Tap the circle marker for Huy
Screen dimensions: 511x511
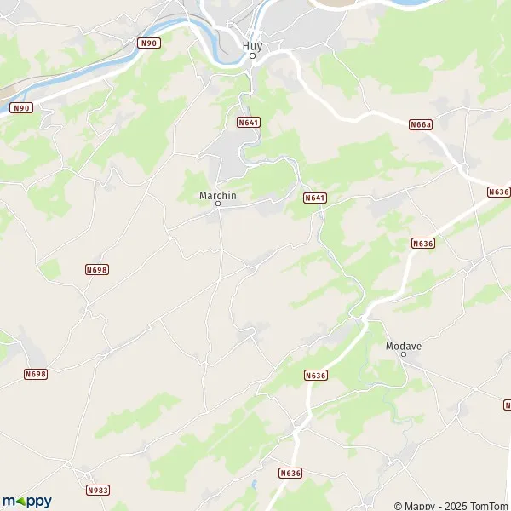[x=252, y=56]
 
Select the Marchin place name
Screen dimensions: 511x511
[x=217, y=195]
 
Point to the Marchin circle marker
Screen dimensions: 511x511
[x=217, y=204]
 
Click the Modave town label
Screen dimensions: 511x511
[x=404, y=346]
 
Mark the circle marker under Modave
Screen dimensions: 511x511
[x=404, y=355]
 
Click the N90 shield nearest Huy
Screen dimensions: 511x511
[x=149, y=43]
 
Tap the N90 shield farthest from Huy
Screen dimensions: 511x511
[x=21, y=108]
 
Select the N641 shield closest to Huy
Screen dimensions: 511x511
[x=248, y=123]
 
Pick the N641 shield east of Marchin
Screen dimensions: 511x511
[x=315, y=198]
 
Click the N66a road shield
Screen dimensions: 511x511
[x=421, y=124]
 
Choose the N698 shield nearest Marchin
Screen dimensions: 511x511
[x=97, y=269]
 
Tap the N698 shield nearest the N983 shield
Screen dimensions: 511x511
[x=35, y=374]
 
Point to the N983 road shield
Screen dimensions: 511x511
[x=97, y=491]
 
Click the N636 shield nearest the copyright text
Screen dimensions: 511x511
[x=290, y=473]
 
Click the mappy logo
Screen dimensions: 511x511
[x=26, y=501]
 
